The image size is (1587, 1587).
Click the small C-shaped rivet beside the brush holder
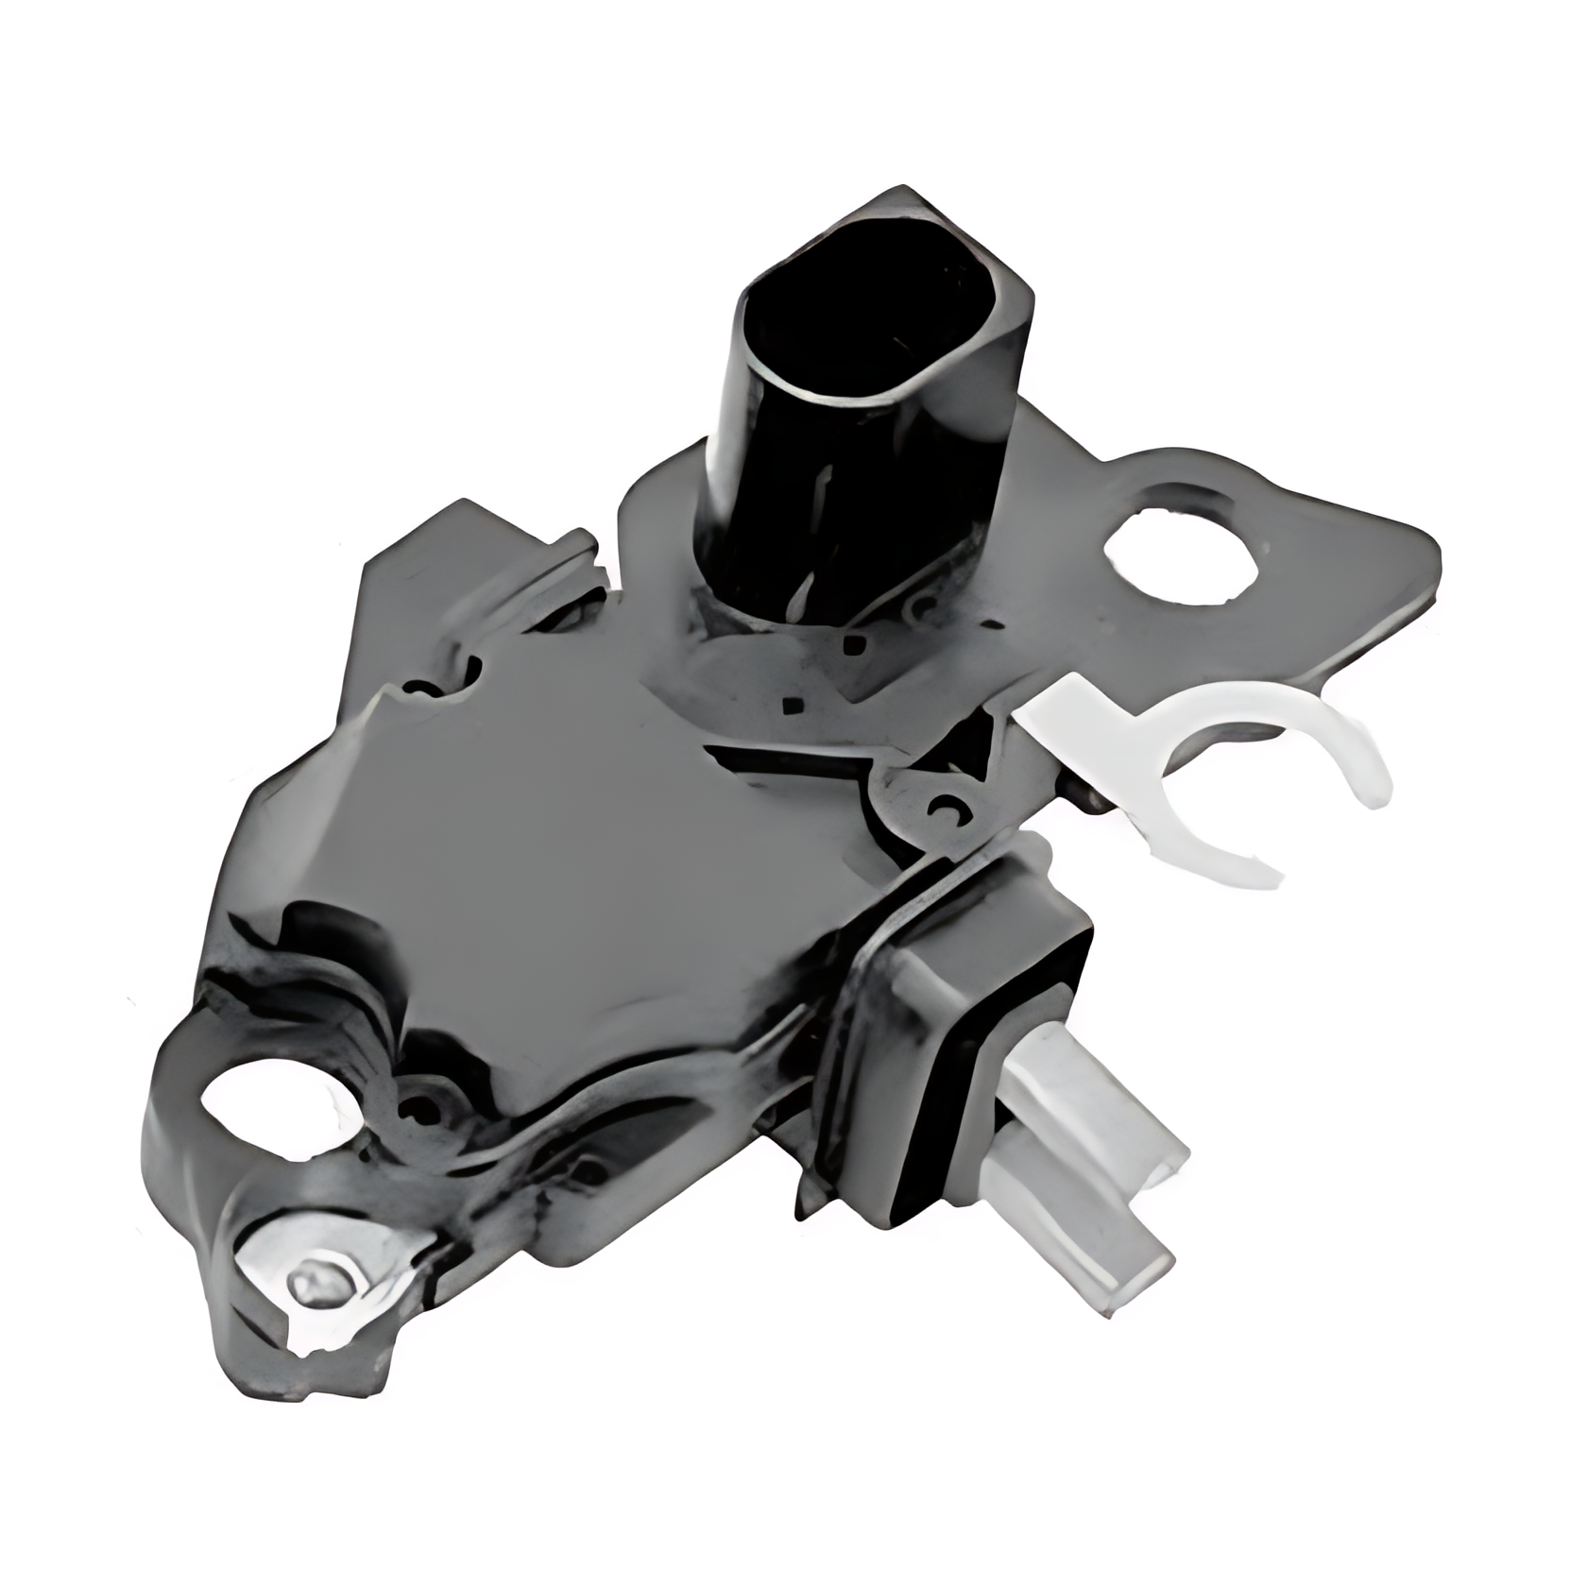945,809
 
